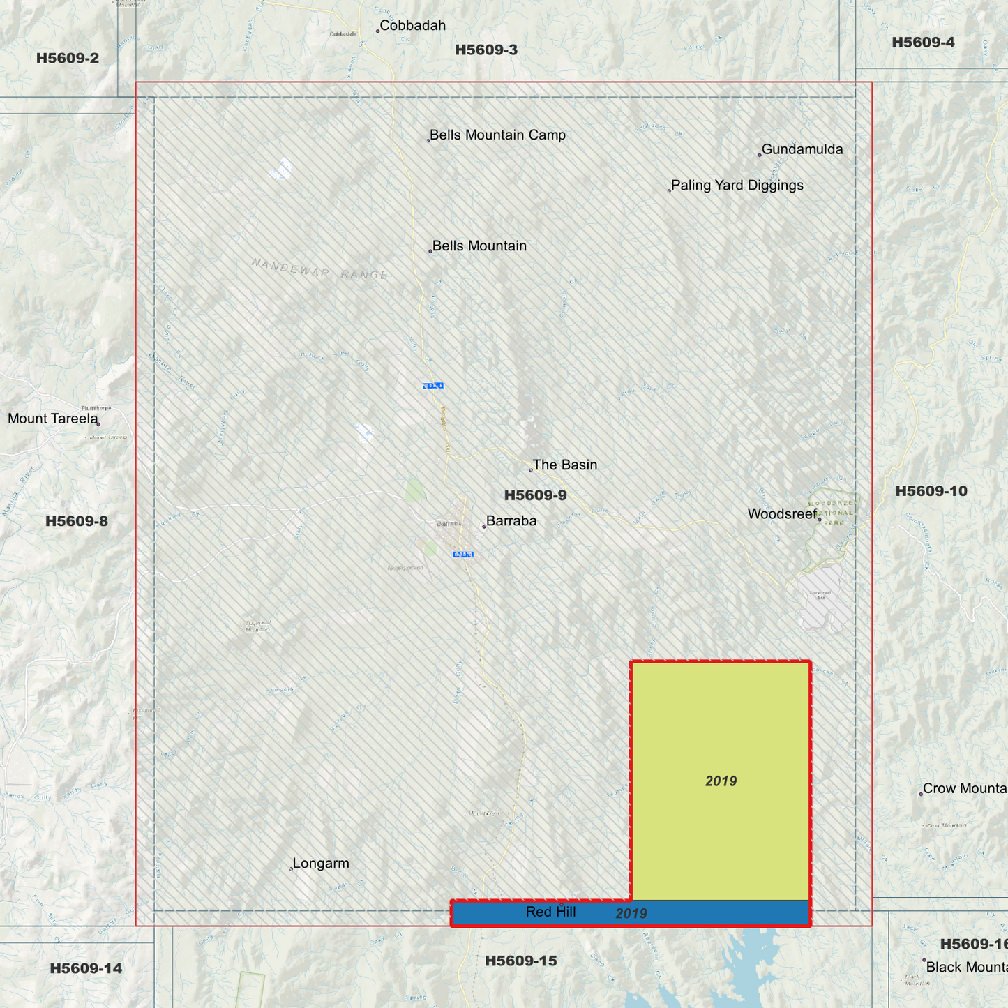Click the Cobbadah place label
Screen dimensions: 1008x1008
(412, 26)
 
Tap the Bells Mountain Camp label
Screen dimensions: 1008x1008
(497, 135)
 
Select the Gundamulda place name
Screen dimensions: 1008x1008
(802, 149)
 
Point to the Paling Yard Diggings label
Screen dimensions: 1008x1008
(737, 186)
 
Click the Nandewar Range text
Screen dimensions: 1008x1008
(320, 269)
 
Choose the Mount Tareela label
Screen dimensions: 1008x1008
(53, 419)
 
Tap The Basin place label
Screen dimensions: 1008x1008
(565, 465)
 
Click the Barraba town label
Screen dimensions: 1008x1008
(511, 521)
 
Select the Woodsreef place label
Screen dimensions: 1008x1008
(782, 514)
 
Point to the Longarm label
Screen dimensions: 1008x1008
(321, 864)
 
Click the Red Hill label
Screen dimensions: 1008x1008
(550, 912)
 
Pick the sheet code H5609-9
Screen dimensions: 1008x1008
(536, 496)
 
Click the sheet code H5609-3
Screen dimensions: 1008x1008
(486, 50)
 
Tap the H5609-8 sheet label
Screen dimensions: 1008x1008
(77, 522)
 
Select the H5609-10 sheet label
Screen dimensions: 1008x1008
(931, 491)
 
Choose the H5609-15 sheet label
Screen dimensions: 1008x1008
(521, 961)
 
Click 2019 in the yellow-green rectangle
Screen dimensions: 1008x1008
(721, 781)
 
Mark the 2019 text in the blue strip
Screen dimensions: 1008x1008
(631, 914)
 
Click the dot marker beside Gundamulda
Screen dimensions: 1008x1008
(760, 155)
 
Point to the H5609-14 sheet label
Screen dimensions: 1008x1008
(86, 968)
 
